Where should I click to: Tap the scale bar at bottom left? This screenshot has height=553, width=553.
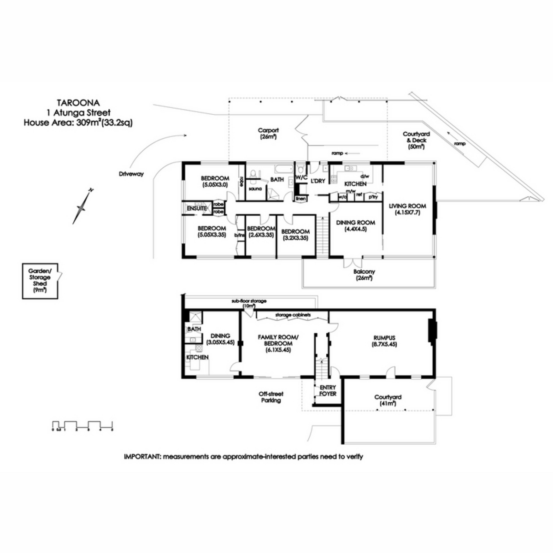[83, 425]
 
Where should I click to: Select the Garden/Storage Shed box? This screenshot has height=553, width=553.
[41, 281]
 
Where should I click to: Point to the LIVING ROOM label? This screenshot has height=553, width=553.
[407, 209]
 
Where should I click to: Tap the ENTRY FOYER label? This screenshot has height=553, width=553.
[328, 391]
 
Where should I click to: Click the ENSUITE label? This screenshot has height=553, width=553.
[196, 209]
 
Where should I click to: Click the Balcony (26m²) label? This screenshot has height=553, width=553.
[364, 275]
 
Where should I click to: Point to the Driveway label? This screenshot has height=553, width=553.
[131, 174]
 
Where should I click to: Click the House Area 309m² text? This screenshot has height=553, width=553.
[78, 123]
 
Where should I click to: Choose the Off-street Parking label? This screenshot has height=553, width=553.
[271, 397]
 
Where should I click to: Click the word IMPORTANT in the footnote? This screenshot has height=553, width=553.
[142, 457]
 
